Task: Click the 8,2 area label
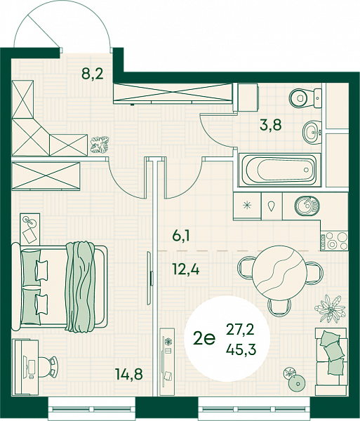[x=93, y=74]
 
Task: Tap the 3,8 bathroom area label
[x=270, y=125]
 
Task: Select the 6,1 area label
[x=181, y=236]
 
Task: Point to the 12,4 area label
[x=186, y=269]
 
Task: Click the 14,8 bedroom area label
[x=129, y=374]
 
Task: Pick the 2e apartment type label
[x=204, y=339]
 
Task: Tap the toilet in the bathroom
[x=305, y=98]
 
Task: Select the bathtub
[x=279, y=170]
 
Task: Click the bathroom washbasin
[x=312, y=132]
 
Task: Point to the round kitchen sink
[x=307, y=206]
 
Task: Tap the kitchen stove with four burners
[x=334, y=240]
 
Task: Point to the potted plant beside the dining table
[x=329, y=308]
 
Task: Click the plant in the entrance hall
[x=100, y=145]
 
